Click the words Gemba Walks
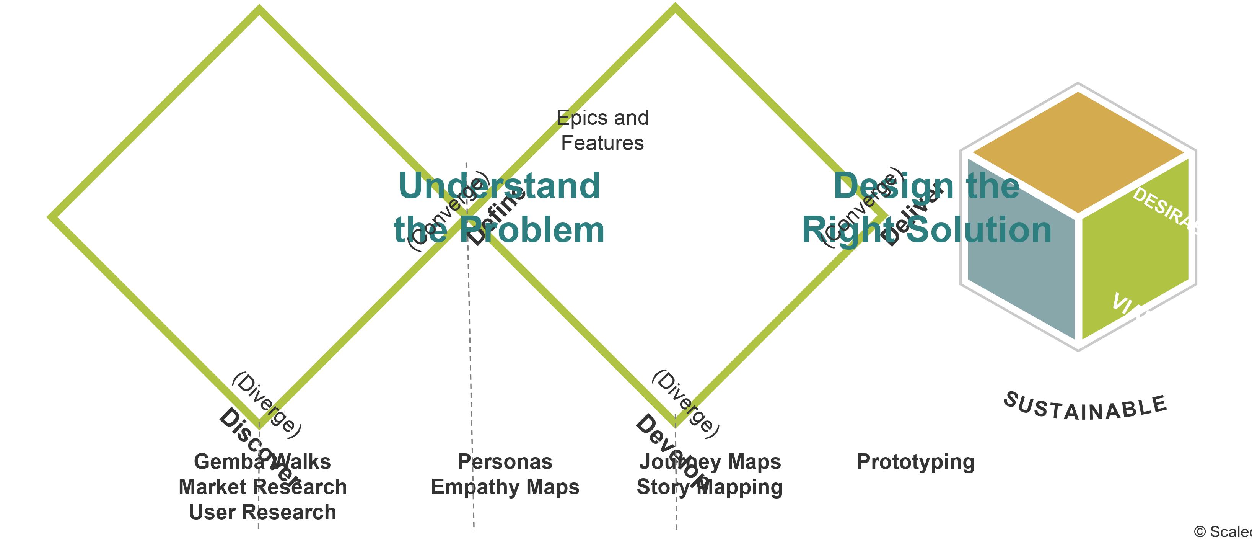coord(262,461)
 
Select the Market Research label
coord(262,487)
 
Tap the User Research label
coord(262,512)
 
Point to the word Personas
coord(505,461)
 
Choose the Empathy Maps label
coord(505,487)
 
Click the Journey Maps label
coord(710,461)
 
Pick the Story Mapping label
coord(710,487)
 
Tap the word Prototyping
coord(916,461)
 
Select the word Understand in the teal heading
coord(499,186)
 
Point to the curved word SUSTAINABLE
coord(1085,409)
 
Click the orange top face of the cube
coord(1078,151)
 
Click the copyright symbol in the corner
coord(1200,532)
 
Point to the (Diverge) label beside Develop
coord(685,404)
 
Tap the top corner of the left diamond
coord(259,9)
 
